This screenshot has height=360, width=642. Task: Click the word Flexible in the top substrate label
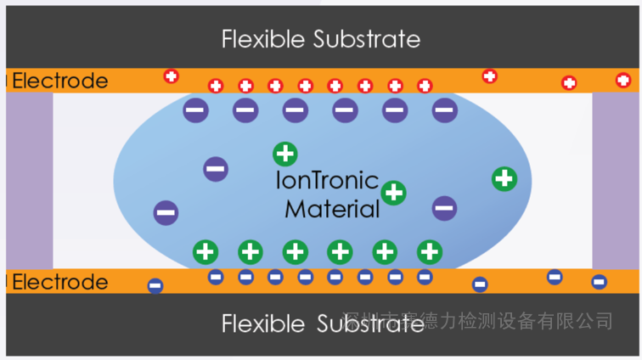pos(263,39)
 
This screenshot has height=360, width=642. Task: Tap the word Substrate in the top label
pos(367,39)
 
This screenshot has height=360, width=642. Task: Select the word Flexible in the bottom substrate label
pos(263,323)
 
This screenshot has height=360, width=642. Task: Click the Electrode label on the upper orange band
pos(60,82)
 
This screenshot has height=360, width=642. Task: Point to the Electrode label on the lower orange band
pos(60,282)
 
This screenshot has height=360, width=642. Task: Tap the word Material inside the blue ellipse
pos(332,209)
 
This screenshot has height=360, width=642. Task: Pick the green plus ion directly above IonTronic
pos(285,155)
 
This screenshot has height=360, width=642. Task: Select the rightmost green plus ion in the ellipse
pos(504,178)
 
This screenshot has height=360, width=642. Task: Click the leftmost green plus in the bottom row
pos(206,251)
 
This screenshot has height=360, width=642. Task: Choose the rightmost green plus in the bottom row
pos(430,251)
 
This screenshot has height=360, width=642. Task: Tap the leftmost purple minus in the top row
pos(195,109)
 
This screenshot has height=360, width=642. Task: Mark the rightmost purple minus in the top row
pos(444,109)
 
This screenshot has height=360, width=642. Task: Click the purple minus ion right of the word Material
pos(444,207)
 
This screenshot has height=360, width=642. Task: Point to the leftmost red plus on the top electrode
pos(172,76)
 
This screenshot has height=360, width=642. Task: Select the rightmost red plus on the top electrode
pos(622,81)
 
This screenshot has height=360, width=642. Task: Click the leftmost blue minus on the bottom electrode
pos(155,286)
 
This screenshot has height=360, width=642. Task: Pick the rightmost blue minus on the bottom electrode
pos(599,282)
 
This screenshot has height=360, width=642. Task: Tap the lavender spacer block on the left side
pos(29,180)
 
